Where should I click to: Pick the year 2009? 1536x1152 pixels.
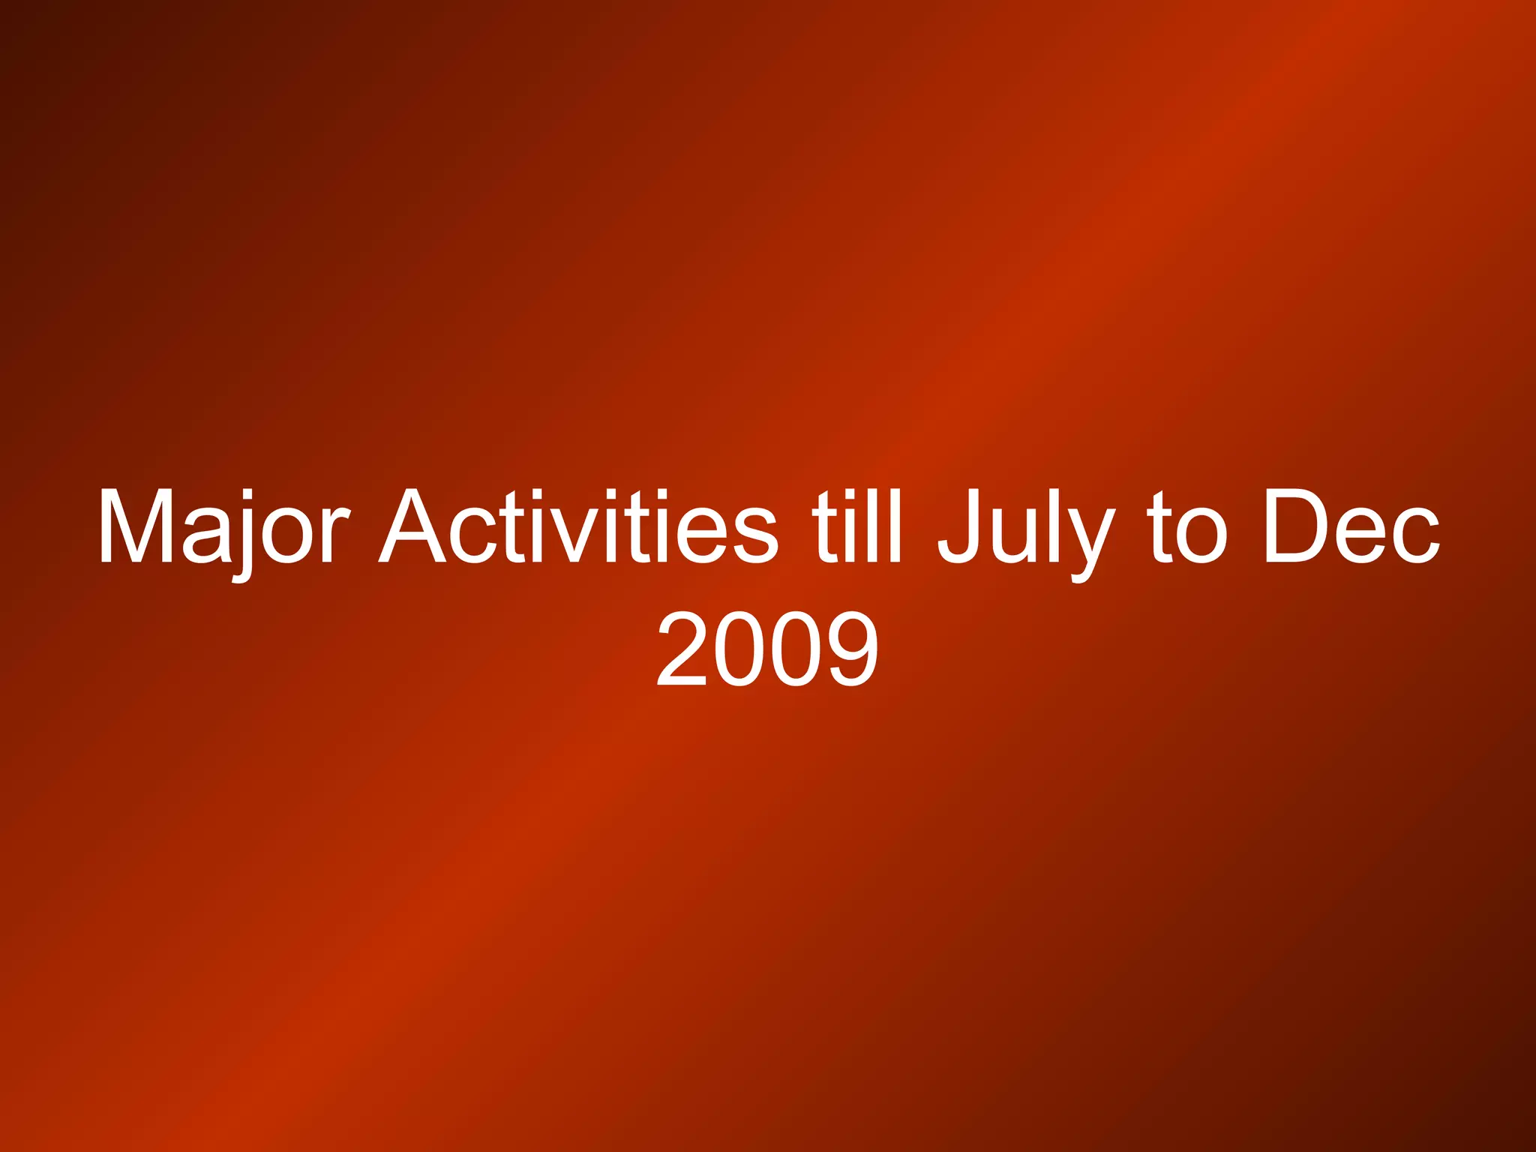[x=767, y=649]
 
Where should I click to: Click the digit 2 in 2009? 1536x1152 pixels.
[x=682, y=649]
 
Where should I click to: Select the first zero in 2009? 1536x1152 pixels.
[x=739, y=649]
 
